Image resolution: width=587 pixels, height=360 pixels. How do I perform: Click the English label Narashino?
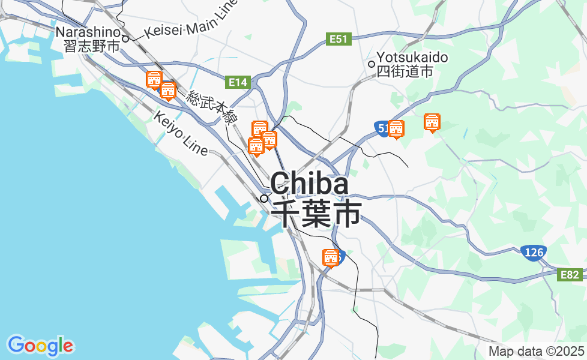point(88,31)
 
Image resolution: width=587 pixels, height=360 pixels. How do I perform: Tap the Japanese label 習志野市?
point(92,46)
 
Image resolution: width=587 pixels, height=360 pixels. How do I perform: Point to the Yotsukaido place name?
point(412,58)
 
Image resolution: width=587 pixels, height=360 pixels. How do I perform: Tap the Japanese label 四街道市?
point(405,71)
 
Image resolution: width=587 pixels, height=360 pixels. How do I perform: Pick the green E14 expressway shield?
point(238,82)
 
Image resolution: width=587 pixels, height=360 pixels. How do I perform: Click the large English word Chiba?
point(309,184)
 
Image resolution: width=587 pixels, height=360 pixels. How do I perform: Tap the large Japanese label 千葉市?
point(316,214)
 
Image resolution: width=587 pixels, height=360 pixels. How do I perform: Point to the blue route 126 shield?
point(532,253)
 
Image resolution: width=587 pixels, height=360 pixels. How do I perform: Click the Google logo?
point(40,346)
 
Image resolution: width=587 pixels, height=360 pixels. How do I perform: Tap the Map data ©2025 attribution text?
point(536,351)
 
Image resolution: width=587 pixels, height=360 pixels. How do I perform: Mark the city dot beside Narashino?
point(125,39)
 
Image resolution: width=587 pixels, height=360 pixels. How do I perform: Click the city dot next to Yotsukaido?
point(372,64)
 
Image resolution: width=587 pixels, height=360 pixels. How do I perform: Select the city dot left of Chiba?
point(263,198)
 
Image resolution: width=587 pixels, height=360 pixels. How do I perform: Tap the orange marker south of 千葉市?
point(330,258)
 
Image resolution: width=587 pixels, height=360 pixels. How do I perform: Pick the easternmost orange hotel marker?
point(432,123)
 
